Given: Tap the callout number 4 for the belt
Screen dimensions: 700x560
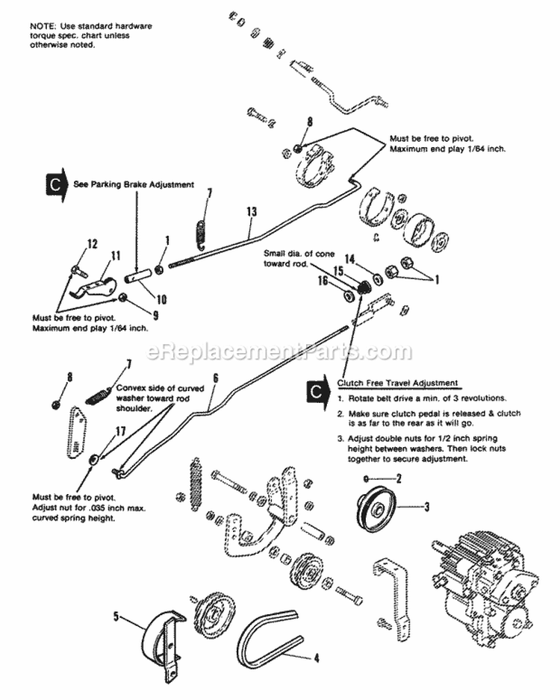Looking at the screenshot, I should coord(316,658).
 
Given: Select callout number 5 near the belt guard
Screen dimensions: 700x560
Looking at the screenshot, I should coord(116,616).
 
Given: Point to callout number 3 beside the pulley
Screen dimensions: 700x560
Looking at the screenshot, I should coord(426,507).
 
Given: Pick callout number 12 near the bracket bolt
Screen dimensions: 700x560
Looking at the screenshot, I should coord(93,243).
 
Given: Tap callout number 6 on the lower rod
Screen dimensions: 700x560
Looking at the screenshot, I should coord(215,378).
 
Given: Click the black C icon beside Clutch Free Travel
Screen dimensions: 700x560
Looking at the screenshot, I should coord(317,389).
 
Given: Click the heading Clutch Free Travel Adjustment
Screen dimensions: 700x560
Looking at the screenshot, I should coord(397,383).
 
